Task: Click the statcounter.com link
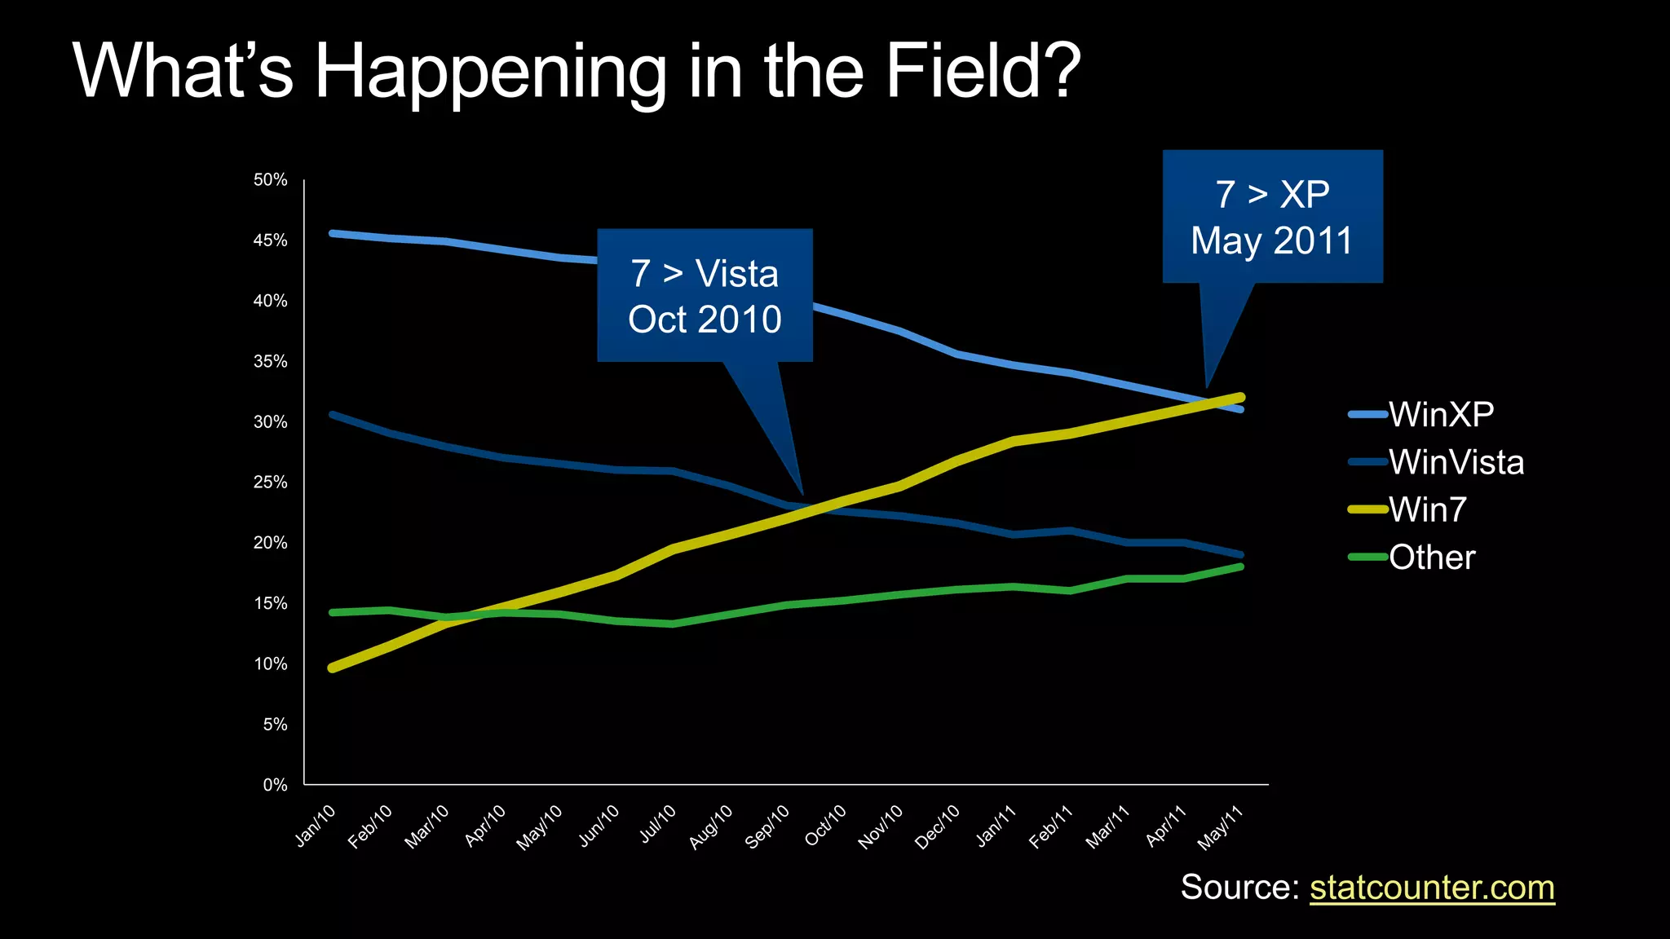1432,888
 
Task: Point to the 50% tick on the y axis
271,179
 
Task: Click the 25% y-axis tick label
271,483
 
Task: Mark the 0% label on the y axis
275,785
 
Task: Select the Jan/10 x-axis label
316,826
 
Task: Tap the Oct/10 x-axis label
826,826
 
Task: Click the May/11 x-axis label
1220,827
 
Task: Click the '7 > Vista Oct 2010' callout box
705,296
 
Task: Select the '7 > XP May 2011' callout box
1272,217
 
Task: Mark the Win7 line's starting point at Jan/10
333,668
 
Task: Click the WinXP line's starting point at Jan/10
333,233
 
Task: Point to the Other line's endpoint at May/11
1240,566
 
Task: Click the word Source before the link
1239,888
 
